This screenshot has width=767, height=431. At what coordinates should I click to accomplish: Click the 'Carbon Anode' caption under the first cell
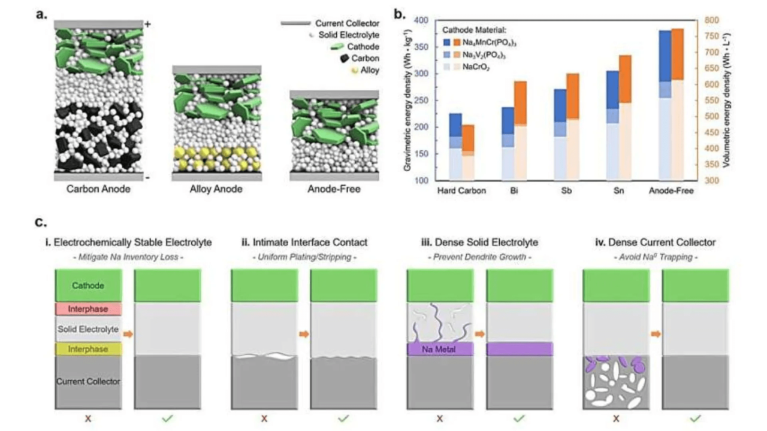click(x=99, y=190)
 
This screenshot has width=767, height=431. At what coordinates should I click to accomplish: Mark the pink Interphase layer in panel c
click(x=89, y=309)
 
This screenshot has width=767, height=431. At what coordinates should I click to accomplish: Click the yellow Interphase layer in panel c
click(x=89, y=348)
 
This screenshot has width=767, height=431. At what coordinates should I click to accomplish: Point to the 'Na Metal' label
click(x=439, y=349)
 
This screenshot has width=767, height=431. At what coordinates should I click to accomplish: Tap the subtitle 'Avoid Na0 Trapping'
click(x=656, y=257)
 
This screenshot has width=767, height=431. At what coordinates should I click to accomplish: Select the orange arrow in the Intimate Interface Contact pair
click(x=304, y=333)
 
